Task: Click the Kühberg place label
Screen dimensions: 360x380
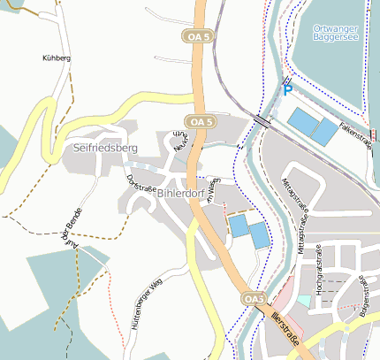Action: (x=56, y=57)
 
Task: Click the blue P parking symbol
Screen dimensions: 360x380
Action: (x=287, y=88)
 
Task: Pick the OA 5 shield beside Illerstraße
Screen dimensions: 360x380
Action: (x=254, y=300)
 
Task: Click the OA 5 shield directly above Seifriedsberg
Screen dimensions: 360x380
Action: (x=200, y=120)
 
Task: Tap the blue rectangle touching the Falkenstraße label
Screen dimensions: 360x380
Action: (x=324, y=132)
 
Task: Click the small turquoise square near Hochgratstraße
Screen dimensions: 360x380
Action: (x=303, y=301)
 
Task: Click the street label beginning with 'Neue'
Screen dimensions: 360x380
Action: (x=180, y=142)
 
